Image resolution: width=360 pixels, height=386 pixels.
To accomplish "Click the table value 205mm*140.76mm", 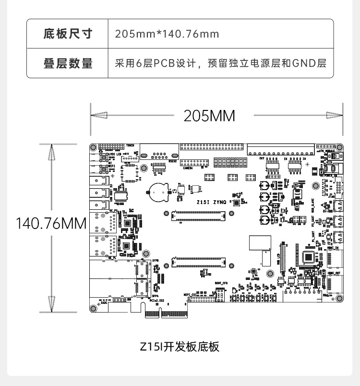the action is (x=167, y=34).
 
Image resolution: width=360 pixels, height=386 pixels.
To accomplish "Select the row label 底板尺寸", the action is (x=68, y=34).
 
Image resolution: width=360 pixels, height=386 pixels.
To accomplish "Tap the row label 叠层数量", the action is (x=68, y=63).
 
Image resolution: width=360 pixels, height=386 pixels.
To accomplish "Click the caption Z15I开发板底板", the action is (x=180, y=346).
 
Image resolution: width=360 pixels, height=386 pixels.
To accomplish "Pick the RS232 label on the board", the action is (x=172, y=161).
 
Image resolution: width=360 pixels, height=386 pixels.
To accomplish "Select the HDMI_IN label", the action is (x=335, y=249).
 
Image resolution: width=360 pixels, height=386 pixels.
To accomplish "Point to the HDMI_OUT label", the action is (x=334, y=273).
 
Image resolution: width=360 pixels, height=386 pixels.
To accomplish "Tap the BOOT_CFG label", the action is (x=221, y=283).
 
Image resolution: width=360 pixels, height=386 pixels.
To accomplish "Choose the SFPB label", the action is (x=156, y=260).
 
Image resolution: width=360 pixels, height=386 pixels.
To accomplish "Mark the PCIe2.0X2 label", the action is (x=158, y=302).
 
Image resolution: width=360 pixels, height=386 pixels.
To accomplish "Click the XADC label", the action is (x=104, y=303).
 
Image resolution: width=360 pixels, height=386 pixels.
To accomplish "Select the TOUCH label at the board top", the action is (x=131, y=145).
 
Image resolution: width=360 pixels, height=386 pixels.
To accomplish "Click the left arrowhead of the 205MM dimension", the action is (x=98, y=116).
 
